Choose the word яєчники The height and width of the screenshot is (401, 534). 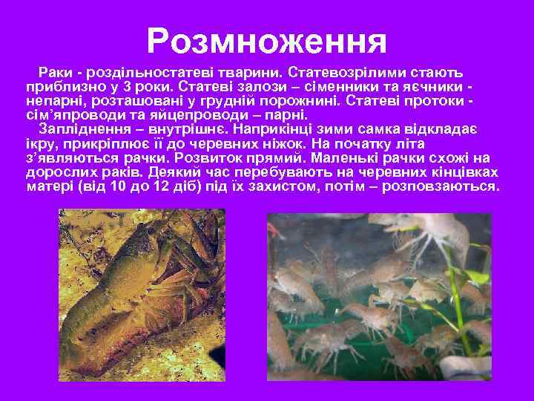[x=430, y=88]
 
